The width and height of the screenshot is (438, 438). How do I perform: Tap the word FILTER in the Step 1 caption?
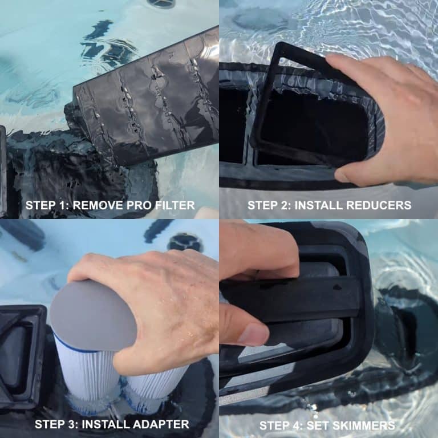pyautogui.click(x=176, y=205)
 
